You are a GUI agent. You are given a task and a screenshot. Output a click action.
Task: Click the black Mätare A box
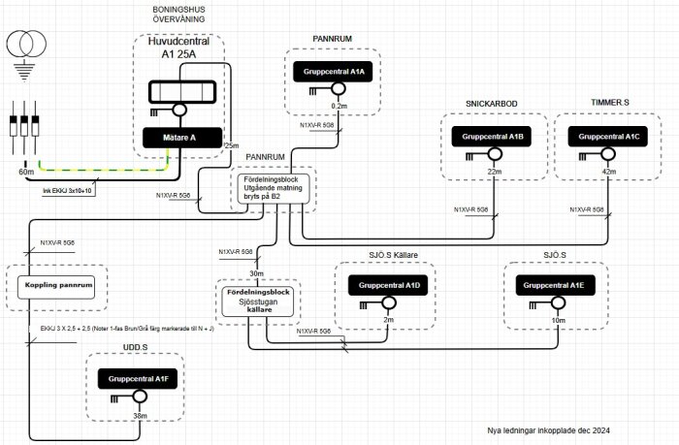click(180, 139)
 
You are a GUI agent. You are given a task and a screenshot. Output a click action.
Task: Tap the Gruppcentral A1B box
click(489, 138)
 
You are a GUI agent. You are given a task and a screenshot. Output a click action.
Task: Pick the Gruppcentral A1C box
click(606, 138)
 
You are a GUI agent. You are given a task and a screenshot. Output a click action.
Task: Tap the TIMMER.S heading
click(611, 102)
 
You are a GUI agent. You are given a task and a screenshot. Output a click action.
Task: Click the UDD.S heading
click(135, 346)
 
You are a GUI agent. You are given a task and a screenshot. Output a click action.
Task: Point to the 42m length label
click(609, 172)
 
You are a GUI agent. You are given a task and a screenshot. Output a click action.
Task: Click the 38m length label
click(140, 416)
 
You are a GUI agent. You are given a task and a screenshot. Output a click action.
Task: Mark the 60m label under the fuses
click(25, 172)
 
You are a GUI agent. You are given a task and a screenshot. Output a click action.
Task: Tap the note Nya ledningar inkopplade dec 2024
click(549, 429)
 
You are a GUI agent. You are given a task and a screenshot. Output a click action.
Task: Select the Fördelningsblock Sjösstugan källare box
click(258, 300)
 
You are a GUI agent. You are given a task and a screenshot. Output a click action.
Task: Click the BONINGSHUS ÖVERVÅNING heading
click(178, 14)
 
